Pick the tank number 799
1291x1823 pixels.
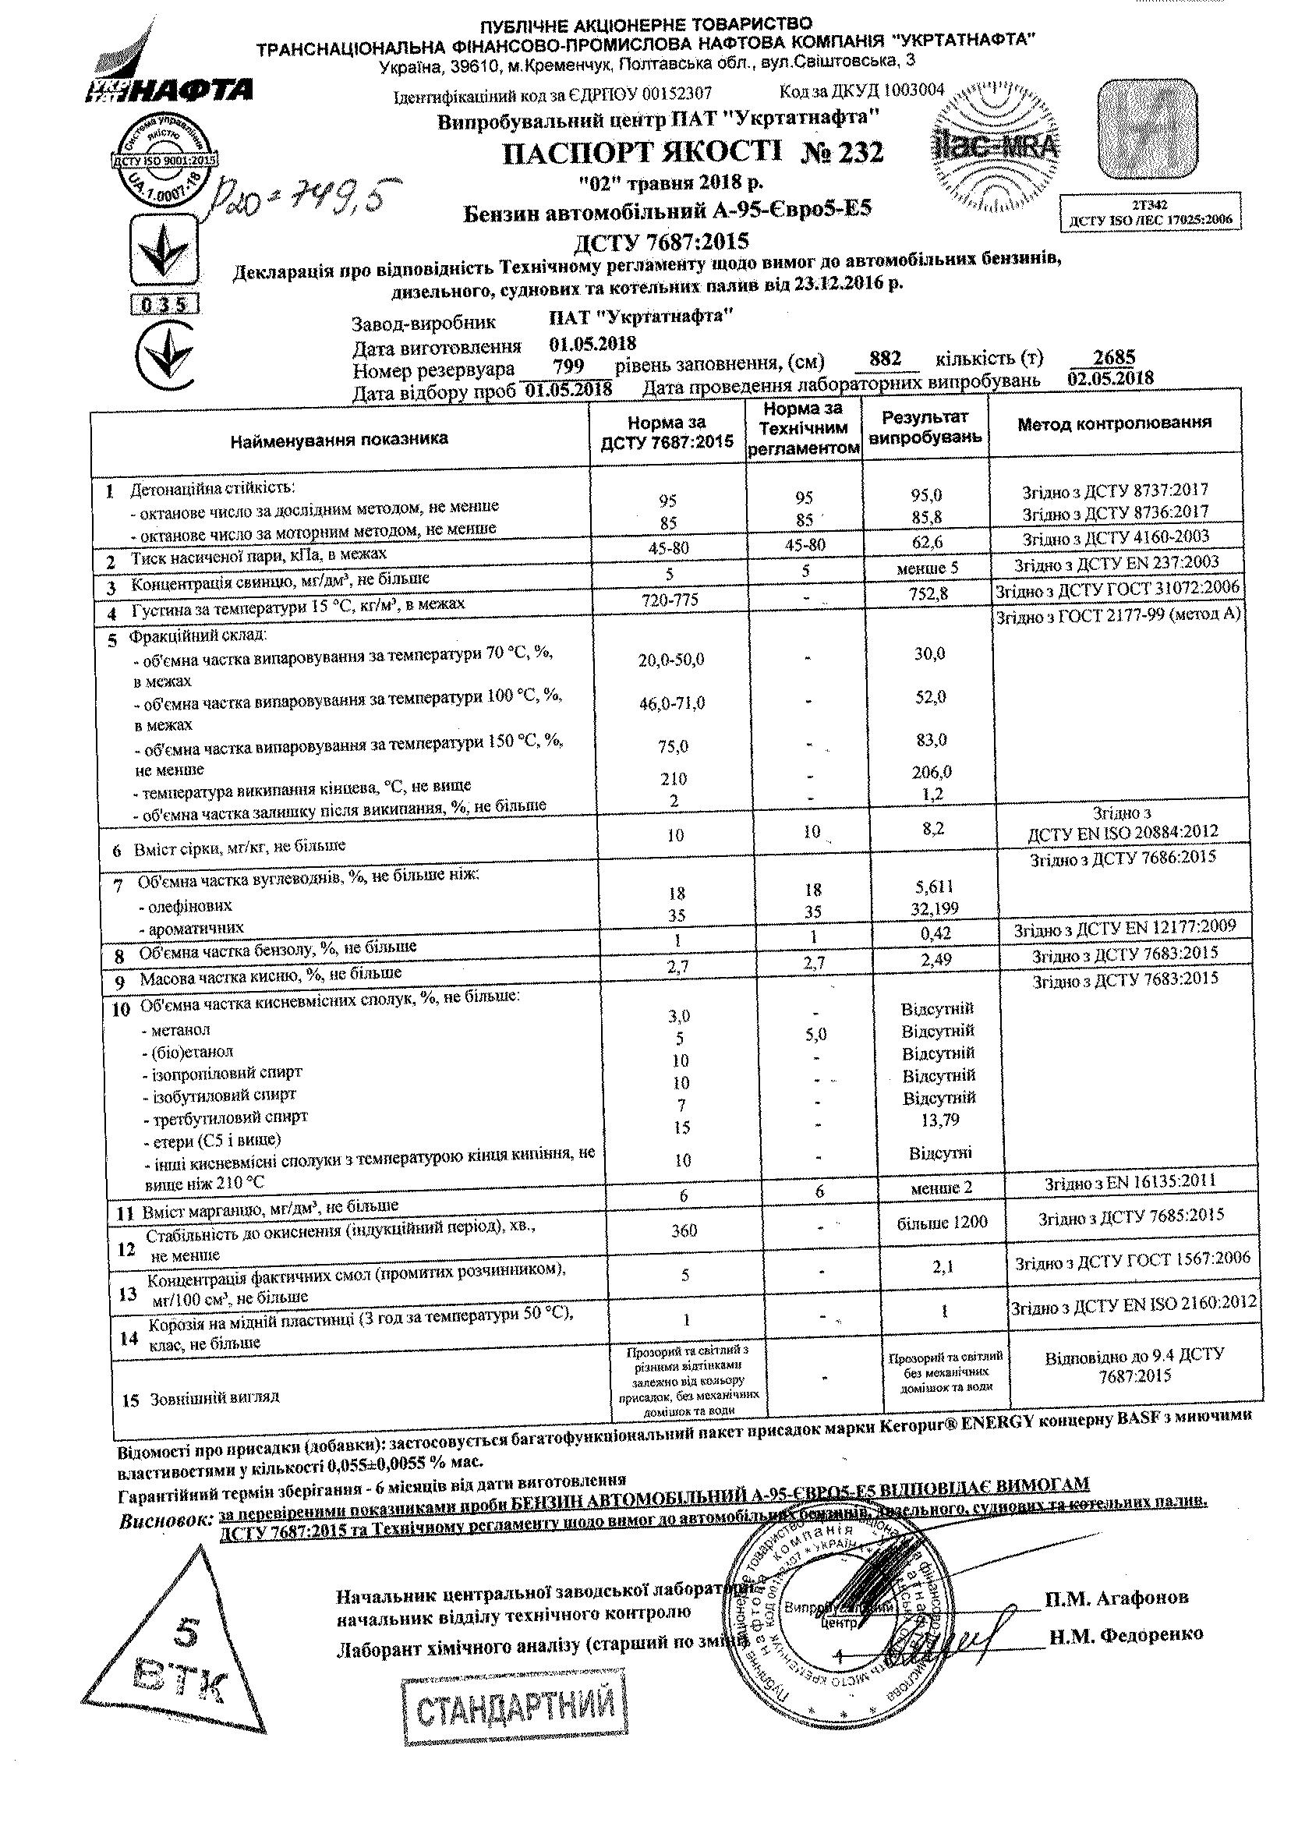568,366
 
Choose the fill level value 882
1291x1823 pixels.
885,359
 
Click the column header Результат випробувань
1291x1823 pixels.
925,428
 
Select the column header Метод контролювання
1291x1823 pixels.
1115,423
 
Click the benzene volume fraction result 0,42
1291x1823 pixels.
934,933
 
